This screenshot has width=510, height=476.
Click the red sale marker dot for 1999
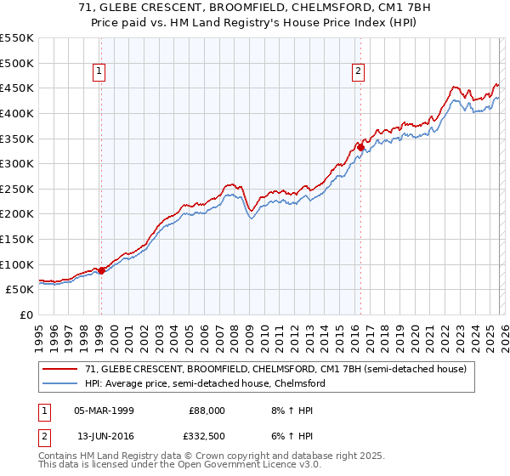pyautogui.click(x=101, y=270)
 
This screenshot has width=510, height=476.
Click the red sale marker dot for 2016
pyautogui.click(x=360, y=147)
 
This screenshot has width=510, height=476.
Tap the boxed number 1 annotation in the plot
pyautogui.click(x=100, y=72)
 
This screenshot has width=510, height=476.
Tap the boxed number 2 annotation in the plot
pyautogui.click(x=359, y=72)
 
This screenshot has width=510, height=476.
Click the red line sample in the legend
pyautogui.click(x=61, y=370)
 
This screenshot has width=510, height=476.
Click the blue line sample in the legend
pyautogui.click(x=61, y=383)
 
